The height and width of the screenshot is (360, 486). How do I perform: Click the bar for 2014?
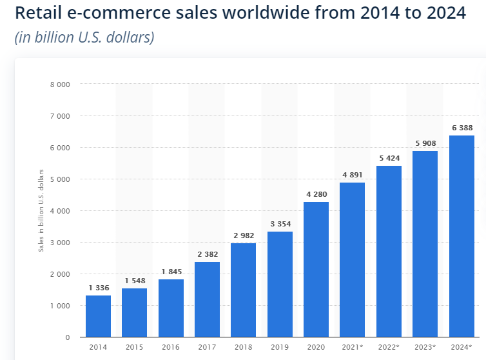(98, 316)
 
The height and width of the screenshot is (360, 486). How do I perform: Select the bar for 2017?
(207, 299)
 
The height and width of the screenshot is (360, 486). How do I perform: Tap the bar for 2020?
(316, 270)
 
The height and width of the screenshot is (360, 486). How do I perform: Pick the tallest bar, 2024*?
(462, 236)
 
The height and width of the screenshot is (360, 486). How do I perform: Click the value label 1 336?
(98, 288)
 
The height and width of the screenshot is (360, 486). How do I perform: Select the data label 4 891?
(352, 175)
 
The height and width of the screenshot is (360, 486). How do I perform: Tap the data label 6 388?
(462, 128)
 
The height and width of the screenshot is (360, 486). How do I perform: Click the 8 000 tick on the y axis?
(61, 85)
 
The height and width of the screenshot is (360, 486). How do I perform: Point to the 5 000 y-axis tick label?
(61, 179)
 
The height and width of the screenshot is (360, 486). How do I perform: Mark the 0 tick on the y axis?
(67, 337)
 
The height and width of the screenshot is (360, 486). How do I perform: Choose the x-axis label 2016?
(171, 348)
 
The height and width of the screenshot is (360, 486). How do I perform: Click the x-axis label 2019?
(280, 348)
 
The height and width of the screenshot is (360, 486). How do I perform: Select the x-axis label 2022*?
(389, 348)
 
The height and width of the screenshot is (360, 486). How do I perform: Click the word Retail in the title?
(36, 14)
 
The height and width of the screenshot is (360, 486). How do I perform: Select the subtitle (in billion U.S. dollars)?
(84, 37)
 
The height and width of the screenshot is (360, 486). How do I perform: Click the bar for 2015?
(134, 313)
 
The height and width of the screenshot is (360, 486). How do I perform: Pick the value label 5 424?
(389, 159)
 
